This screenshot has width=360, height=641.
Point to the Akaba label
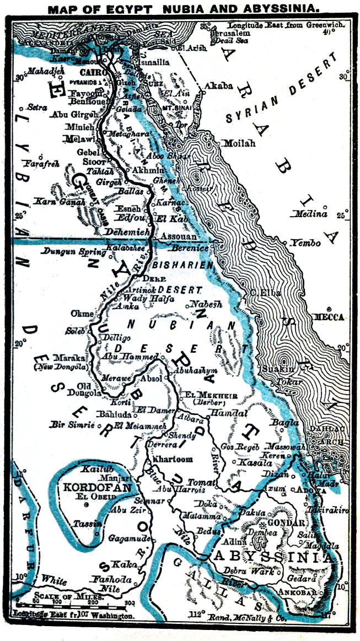pos(219,87)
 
